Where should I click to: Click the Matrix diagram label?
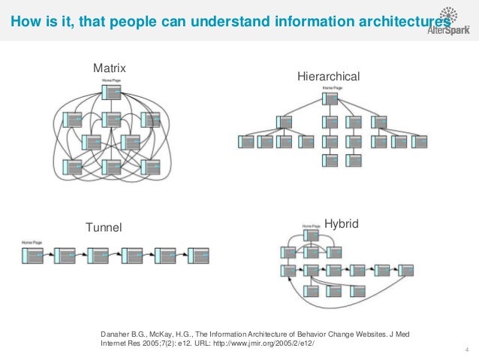point(109,68)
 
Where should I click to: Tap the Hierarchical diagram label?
point(329,77)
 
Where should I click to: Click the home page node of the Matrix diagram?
point(111,92)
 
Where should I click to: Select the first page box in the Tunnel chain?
point(34,256)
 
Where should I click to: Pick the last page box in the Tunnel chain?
point(197,256)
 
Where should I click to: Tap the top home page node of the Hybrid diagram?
point(310,234)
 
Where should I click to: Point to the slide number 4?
point(467,348)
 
